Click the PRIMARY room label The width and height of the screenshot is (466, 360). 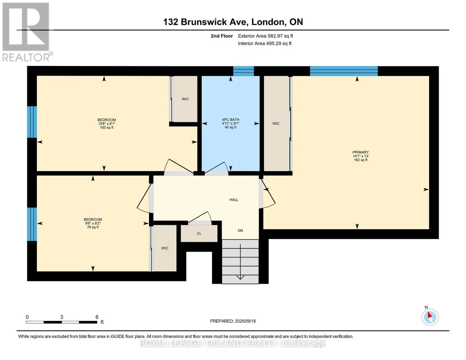coord(360,152)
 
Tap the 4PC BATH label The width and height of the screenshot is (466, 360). coord(230,120)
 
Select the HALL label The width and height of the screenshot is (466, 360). coord(234,199)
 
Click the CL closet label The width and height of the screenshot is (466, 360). coord(199,233)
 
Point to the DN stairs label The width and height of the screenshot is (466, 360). coord(240,230)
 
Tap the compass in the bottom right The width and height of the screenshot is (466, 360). coord(430,317)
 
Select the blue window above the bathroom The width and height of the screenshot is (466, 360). coord(243,71)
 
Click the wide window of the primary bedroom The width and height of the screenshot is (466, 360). coord(344,71)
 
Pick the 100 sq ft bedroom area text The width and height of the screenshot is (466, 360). coord(107,127)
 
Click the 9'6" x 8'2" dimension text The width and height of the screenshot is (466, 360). coord(93,223)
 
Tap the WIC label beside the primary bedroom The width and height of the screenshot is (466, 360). coord(276,124)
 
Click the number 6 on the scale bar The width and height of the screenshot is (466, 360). coord(97,317)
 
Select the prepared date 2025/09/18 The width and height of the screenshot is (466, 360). coord(245,321)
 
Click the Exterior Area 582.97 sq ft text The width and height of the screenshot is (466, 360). coord(266,36)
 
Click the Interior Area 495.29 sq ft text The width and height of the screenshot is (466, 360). coord(265,43)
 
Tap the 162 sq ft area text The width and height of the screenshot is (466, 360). coord(360,160)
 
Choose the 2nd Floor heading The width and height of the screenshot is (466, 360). coord(222,36)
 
